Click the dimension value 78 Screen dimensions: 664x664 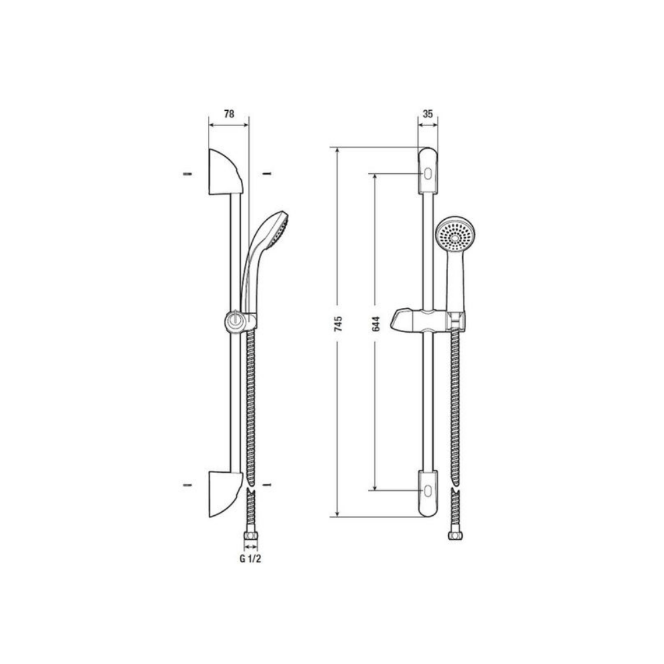pyautogui.click(x=228, y=114)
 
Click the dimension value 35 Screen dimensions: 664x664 pyautogui.click(x=428, y=114)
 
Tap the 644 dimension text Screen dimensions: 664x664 pyautogui.click(x=376, y=324)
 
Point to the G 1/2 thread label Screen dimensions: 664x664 pyautogui.click(x=250, y=558)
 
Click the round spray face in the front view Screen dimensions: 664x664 pyautogui.click(x=454, y=234)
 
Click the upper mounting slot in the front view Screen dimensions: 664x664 pyautogui.click(x=428, y=175)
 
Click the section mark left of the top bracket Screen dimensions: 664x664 pyautogui.click(x=187, y=174)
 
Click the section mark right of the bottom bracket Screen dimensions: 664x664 pyautogui.click(x=266, y=485)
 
